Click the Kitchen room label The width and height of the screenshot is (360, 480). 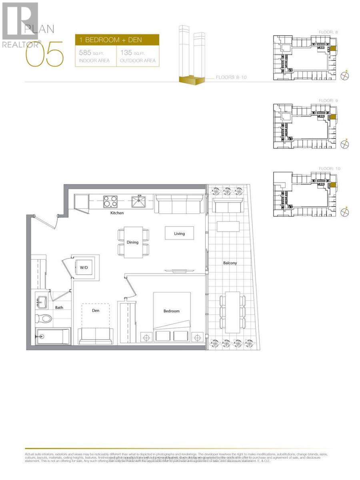(x=117, y=213)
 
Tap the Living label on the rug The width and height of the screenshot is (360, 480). (x=179, y=234)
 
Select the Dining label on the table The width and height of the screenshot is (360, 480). (x=132, y=242)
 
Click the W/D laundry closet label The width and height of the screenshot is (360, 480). (x=84, y=267)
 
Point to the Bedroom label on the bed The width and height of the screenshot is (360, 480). (x=171, y=311)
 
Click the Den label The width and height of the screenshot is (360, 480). (x=96, y=310)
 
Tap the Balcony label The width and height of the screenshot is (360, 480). (x=230, y=263)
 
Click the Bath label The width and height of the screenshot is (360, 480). (x=59, y=308)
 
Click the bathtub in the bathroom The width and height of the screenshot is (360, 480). (x=53, y=336)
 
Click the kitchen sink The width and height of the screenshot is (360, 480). (x=140, y=201)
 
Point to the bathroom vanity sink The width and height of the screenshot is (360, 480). (x=41, y=300)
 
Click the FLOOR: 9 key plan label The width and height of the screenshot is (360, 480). (x=329, y=101)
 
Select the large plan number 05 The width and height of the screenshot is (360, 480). (x=45, y=55)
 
